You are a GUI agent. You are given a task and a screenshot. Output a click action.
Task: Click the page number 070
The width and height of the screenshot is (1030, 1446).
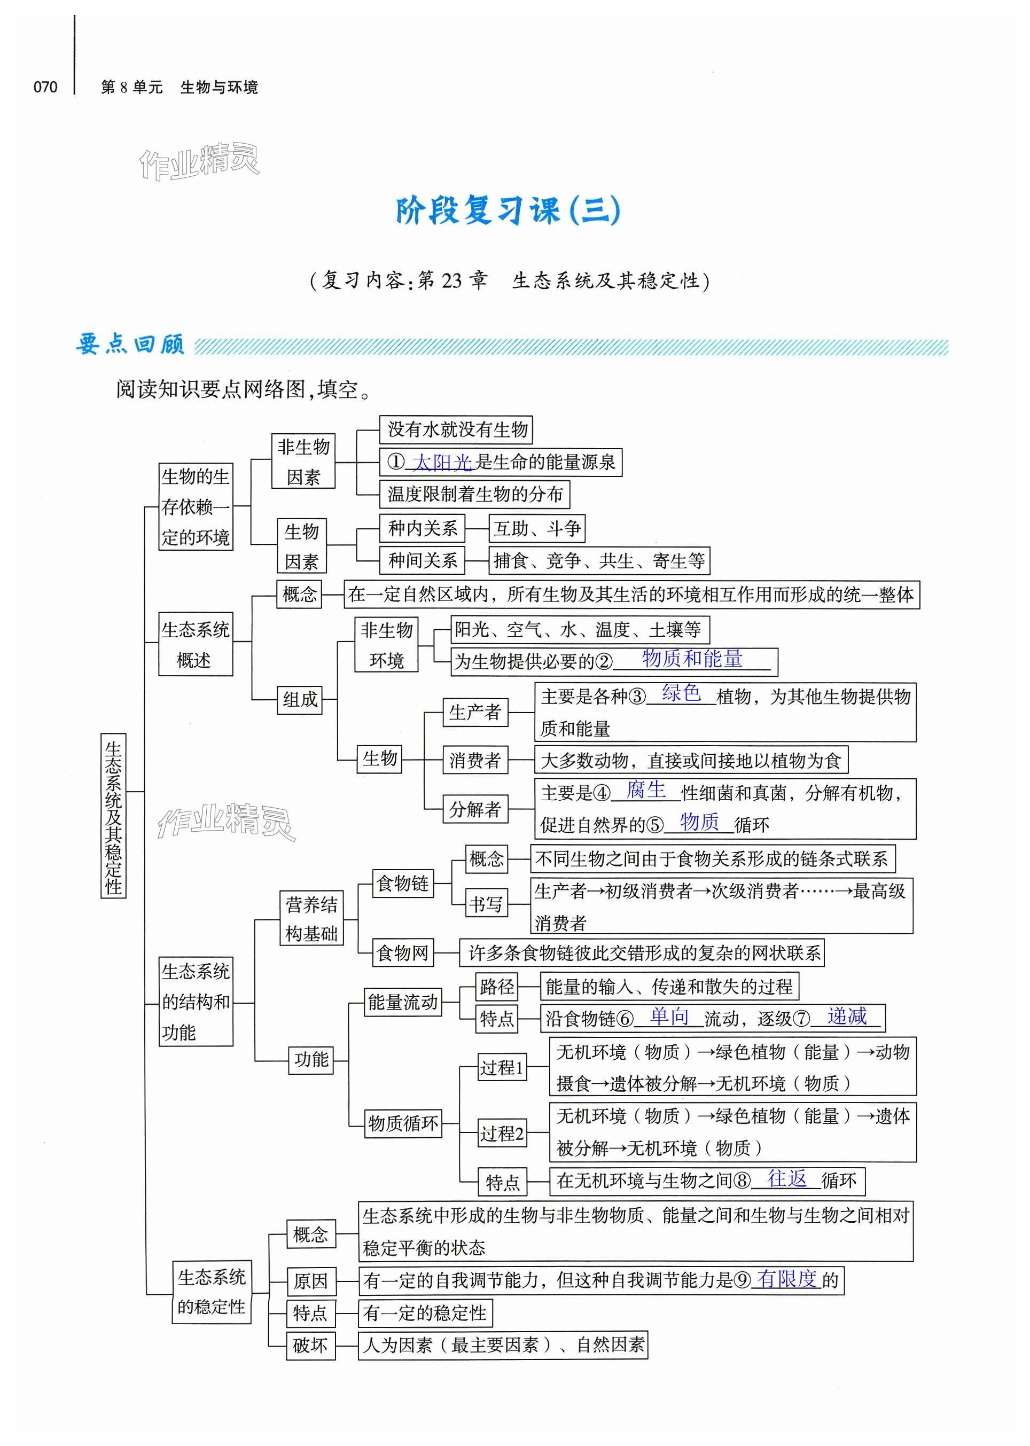tap(45, 87)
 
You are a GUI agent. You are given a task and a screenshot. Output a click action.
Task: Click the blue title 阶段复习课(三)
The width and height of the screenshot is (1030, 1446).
tap(508, 210)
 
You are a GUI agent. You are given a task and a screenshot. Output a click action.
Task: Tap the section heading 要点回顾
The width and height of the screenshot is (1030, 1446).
tap(130, 345)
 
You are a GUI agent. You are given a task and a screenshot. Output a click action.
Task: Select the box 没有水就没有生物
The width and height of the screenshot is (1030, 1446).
tap(456, 429)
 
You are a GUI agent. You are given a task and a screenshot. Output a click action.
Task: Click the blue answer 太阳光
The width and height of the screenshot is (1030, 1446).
tap(442, 463)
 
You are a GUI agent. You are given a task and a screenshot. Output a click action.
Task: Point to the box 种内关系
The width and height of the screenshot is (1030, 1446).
tap(423, 528)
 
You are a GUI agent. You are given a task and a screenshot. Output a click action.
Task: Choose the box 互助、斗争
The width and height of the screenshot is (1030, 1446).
tap(536, 528)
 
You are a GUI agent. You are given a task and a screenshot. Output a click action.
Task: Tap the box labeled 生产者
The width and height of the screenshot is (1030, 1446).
tap(474, 712)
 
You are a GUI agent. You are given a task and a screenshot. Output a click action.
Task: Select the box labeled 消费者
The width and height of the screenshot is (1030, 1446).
tap(474, 760)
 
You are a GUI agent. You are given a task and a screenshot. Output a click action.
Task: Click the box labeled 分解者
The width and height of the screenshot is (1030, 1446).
tap(474, 809)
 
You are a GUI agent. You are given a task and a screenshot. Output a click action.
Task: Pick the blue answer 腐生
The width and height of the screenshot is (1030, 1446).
tap(646, 790)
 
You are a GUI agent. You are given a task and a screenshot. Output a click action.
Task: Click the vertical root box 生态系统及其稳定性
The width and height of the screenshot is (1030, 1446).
tap(114, 816)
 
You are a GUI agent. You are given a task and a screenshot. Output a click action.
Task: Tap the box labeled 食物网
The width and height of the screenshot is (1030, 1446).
tap(402, 952)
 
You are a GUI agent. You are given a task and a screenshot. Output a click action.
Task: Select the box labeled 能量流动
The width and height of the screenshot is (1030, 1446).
tap(403, 1002)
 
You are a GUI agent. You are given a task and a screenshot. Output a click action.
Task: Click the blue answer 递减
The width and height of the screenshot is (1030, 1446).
tap(847, 1017)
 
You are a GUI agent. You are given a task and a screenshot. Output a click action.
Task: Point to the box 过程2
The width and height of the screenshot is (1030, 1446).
tap(502, 1134)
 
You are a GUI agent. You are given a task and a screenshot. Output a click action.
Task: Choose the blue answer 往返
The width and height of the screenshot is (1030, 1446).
tap(786, 1178)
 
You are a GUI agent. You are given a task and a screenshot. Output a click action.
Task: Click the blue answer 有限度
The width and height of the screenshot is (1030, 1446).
tap(786, 1279)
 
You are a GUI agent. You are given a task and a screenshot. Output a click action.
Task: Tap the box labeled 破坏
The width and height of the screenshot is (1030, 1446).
tap(310, 1345)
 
